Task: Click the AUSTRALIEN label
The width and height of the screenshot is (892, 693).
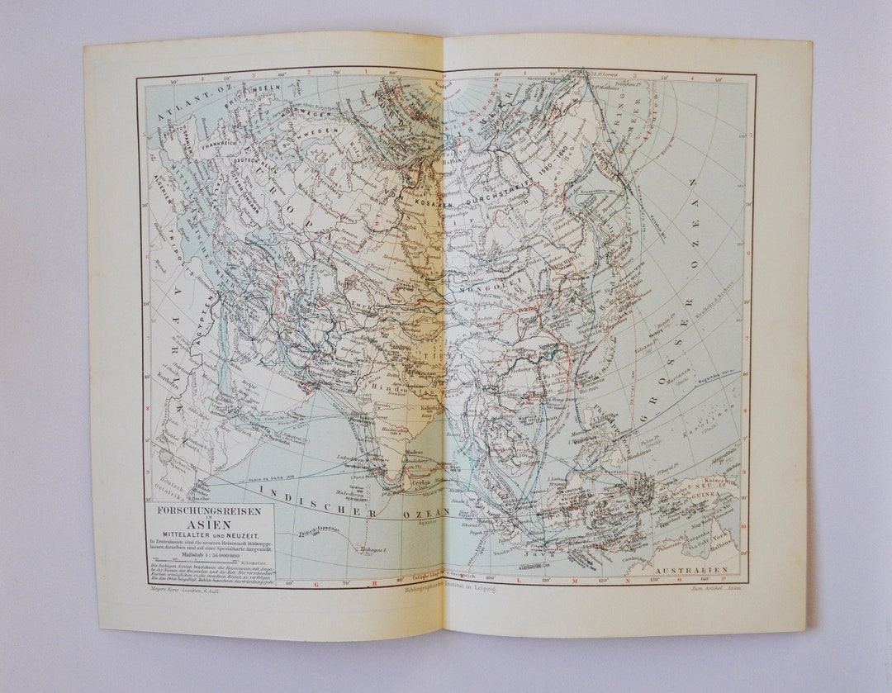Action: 690,571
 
